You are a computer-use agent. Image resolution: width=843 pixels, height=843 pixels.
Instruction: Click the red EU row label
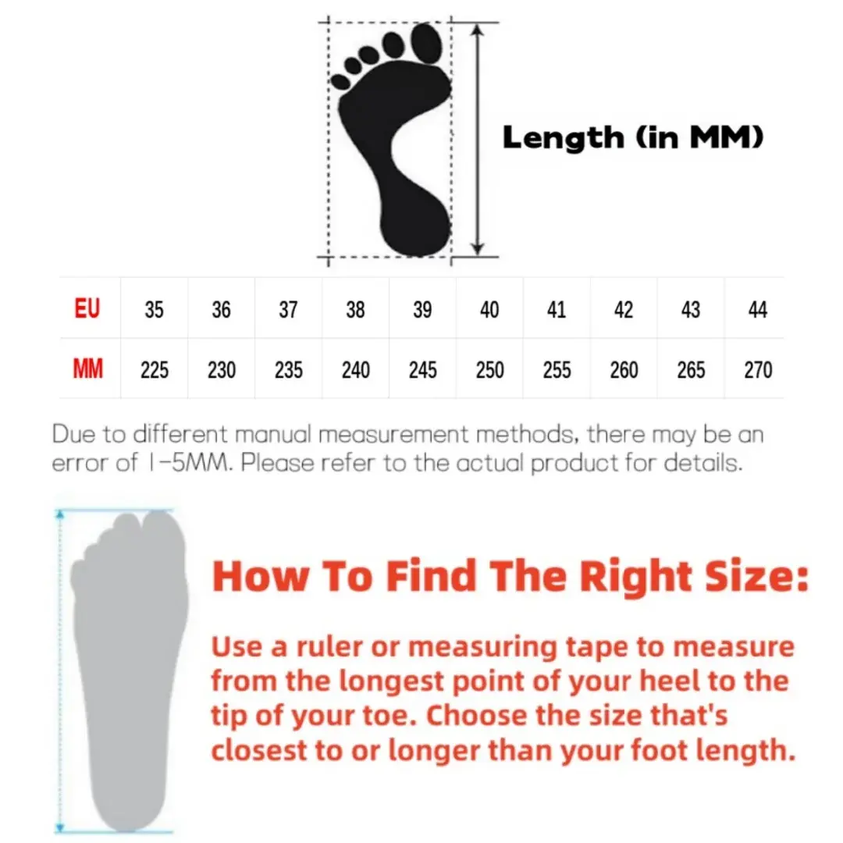coord(87,308)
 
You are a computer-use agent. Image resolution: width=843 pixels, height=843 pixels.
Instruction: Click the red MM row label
coord(87,368)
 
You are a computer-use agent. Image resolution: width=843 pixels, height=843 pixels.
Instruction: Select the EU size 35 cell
coord(154,310)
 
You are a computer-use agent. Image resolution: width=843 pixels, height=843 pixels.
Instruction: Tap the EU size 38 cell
coord(355,310)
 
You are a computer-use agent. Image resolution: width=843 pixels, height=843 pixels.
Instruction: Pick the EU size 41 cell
coord(557,310)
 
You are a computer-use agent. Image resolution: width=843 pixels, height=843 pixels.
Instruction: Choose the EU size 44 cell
coord(757,310)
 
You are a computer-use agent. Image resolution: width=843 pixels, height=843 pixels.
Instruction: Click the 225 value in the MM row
coord(155,370)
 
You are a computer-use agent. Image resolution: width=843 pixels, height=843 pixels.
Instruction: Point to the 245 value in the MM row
coord(422,370)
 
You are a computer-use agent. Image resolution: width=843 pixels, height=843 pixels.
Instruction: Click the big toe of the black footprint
coord(426,42)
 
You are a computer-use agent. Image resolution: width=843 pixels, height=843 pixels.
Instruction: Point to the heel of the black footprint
coord(415,229)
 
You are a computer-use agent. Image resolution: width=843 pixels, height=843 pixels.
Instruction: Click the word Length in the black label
coord(564,138)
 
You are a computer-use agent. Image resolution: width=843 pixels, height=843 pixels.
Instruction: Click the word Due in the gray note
coord(73,434)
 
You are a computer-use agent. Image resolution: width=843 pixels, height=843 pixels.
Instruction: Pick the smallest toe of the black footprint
coord(340,82)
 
